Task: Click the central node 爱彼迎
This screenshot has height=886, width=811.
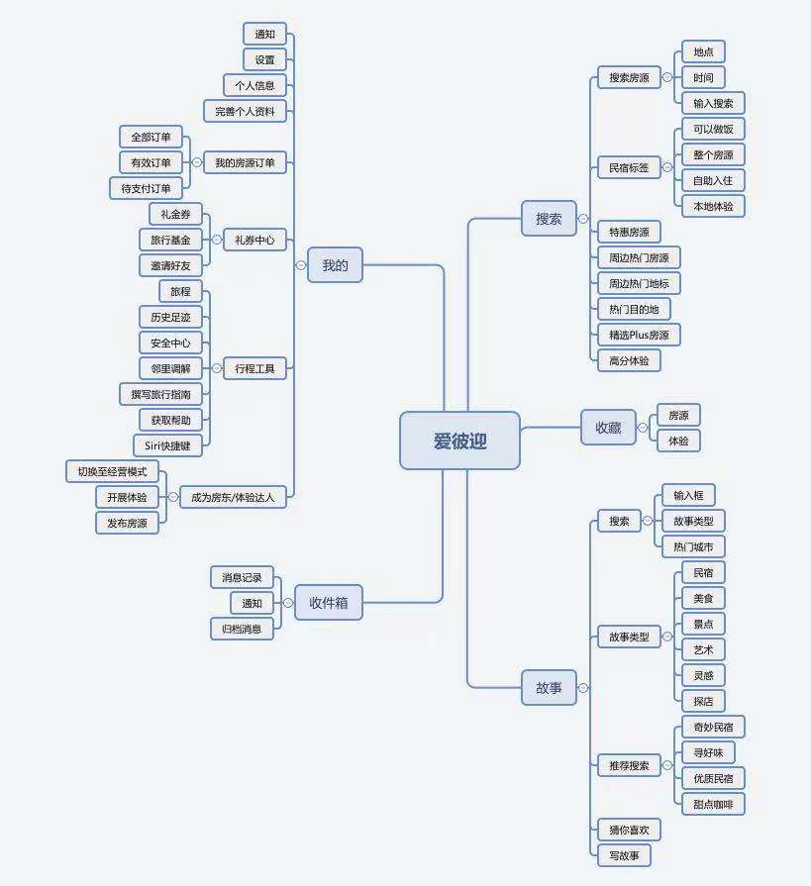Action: pyautogui.click(x=459, y=441)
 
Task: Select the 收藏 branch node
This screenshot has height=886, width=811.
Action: pyautogui.click(x=608, y=427)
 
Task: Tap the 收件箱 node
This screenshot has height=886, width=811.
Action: pyautogui.click(x=329, y=602)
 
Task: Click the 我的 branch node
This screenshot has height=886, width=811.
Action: pyautogui.click(x=335, y=265)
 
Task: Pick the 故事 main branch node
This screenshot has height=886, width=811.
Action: pyautogui.click(x=549, y=687)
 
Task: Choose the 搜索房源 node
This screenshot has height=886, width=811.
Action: pyautogui.click(x=629, y=77)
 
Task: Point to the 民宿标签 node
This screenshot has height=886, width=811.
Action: pyautogui.click(x=629, y=167)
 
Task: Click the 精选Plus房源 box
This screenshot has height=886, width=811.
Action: pyautogui.click(x=639, y=335)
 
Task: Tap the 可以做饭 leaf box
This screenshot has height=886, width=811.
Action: pyautogui.click(x=713, y=129)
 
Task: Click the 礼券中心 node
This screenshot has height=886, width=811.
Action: pyautogui.click(x=254, y=240)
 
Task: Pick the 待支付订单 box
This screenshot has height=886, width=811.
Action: pyautogui.click(x=146, y=188)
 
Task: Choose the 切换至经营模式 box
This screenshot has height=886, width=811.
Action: pyautogui.click(x=112, y=471)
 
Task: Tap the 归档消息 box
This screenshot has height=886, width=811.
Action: pyautogui.click(x=242, y=629)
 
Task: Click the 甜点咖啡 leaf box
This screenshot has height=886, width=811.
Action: pyautogui.click(x=713, y=804)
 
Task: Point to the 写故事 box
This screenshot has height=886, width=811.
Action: pyautogui.click(x=624, y=855)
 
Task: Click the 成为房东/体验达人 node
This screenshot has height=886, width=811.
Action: pyautogui.click(x=234, y=497)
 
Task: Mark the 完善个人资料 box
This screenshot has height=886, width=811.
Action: pyautogui.click(x=245, y=111)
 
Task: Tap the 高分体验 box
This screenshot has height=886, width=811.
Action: pyautogui.click(x=629, y=360)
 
